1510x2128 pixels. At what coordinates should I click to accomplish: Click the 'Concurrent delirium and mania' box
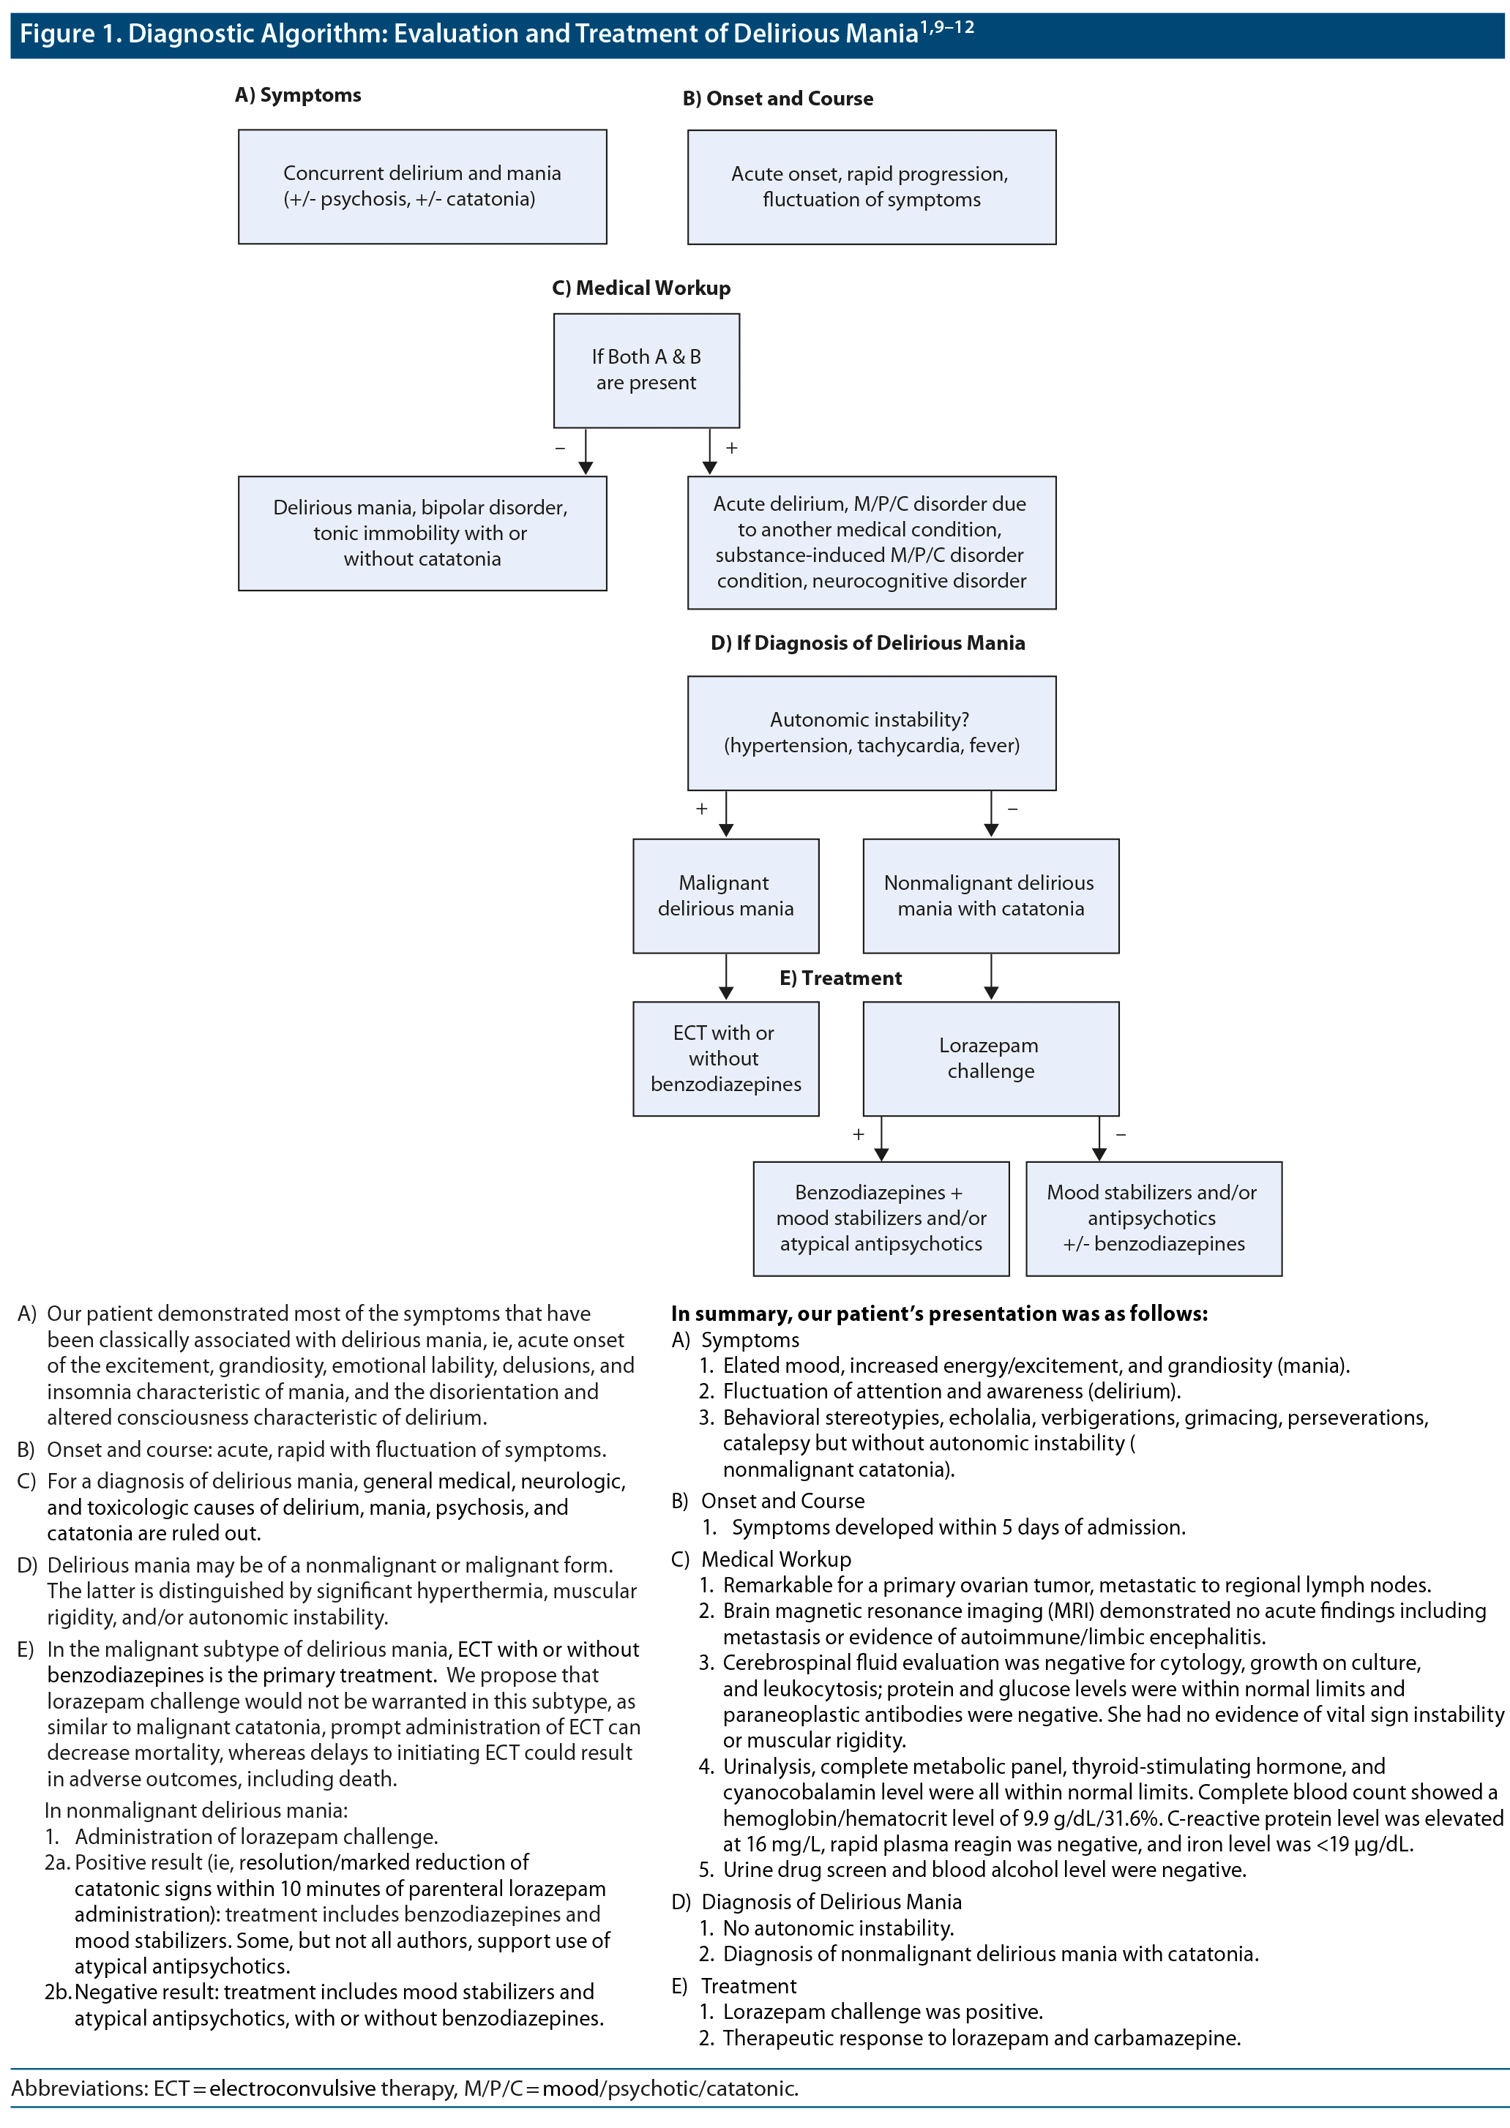[x=422, y=187]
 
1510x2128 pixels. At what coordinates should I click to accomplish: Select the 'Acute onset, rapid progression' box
[x=871, y=187]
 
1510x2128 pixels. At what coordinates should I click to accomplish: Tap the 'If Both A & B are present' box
[x=646, y=370]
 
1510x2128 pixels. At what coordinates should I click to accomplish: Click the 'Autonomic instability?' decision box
[x=871, y=733]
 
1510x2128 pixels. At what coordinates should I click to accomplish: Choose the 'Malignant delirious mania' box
[x=725, y=895]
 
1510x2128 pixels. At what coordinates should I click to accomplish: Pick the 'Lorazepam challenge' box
[x=990, y=1058]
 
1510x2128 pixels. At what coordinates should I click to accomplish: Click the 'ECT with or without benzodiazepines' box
[x=725, y=1058]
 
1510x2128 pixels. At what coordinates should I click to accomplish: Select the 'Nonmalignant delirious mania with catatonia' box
[x=990, y=895]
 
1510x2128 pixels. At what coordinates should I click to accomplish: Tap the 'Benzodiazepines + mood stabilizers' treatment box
[x=881, y=1218]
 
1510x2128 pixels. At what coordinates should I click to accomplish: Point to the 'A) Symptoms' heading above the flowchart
[x=298, y=95]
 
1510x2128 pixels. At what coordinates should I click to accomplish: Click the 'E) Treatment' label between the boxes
[x=840, y=978]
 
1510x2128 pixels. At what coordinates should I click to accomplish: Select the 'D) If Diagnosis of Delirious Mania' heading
[x=867, y=643]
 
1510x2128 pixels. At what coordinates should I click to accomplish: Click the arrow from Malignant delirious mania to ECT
[x=726, y=977]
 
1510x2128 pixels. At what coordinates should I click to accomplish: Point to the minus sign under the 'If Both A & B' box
[x=560, y=448]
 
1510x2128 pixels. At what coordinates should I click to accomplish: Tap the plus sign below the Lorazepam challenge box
[x=859, y=1134]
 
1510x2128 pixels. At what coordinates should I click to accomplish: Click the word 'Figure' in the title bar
[x=56, y=34]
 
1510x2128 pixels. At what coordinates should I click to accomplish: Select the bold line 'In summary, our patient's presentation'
[x=939, y=1314]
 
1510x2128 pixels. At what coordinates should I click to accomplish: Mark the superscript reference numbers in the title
[x=946, y=27]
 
